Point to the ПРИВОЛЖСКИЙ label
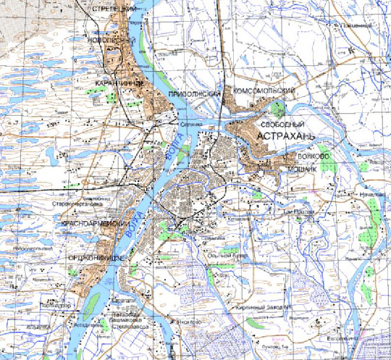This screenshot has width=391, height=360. point(193,95)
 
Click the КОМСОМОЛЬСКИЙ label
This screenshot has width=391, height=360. point(262,91)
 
